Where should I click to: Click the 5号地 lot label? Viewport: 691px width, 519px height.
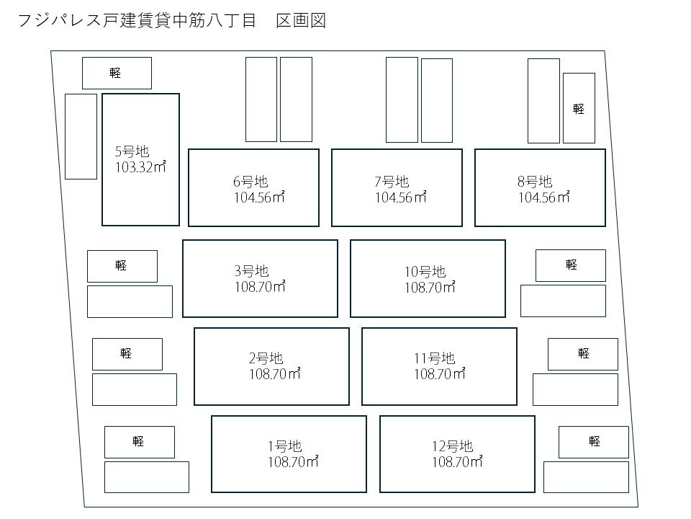click(132, 151)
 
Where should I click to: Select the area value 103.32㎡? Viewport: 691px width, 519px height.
click(140, 167)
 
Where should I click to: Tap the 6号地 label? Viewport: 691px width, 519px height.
click(250, 182)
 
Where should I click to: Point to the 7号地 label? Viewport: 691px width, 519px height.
click(392, 182)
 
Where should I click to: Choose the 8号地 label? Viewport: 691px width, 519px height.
click(535, 182)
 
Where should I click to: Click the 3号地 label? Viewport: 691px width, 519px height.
click(251, 271)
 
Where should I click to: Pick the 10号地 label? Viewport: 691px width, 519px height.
click(425, 272)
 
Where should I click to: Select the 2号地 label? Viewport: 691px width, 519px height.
click(266, 358)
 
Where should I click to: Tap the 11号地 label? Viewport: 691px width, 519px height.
click(434, 358)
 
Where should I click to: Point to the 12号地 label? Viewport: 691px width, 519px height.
click(452, 446)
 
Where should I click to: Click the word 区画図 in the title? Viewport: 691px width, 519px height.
click(302, 21)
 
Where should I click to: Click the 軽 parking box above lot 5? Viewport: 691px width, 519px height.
click(117, 73)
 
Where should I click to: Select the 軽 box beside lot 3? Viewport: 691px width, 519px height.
click(122, 266)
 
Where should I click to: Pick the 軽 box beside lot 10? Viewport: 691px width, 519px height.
click(571, 265)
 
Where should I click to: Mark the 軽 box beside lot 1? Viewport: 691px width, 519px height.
click(139, 442)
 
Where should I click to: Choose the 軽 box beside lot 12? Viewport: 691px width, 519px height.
click(594, 442)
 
